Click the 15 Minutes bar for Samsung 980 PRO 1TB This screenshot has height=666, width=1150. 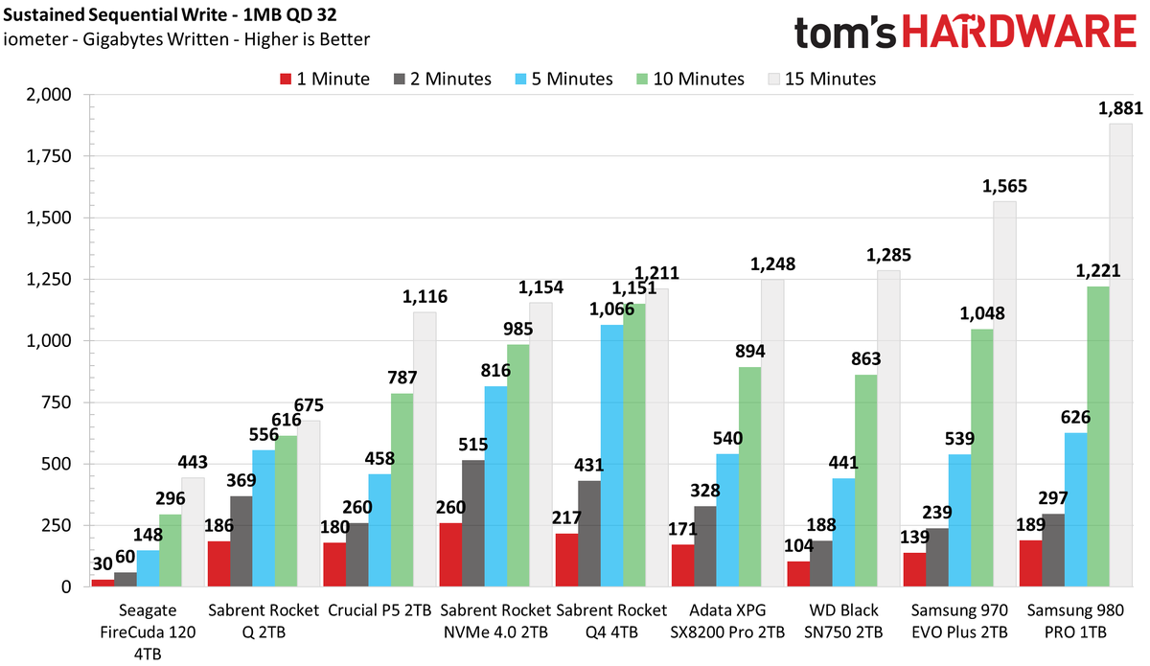point(1120,355)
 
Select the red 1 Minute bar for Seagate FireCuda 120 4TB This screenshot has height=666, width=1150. point(103,583)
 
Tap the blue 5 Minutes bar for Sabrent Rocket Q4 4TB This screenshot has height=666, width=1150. point(612,455)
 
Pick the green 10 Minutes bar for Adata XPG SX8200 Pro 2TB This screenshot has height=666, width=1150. point(750,476)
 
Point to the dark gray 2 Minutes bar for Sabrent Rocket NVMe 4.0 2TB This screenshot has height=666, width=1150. point(472,523)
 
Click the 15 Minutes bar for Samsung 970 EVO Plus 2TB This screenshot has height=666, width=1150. point(1004,394)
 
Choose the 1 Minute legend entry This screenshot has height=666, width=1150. point(325,80)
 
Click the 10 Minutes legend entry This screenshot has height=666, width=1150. point(690,80)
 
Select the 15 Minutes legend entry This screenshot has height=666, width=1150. point(822,80)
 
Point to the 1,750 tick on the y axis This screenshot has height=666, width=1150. point(49,156)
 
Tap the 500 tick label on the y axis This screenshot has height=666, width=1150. point(57,464)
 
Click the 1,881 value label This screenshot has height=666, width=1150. point(1120,108)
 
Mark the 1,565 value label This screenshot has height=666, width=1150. point(1004,186)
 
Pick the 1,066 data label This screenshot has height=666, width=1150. point(611,310)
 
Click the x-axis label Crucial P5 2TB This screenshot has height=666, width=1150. point(379,610)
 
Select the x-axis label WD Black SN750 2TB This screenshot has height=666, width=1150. point(843,621)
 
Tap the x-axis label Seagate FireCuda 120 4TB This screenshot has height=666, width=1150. point(148,632)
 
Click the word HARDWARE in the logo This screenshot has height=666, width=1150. point(1020,32)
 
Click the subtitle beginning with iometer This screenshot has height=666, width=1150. point(186,39)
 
